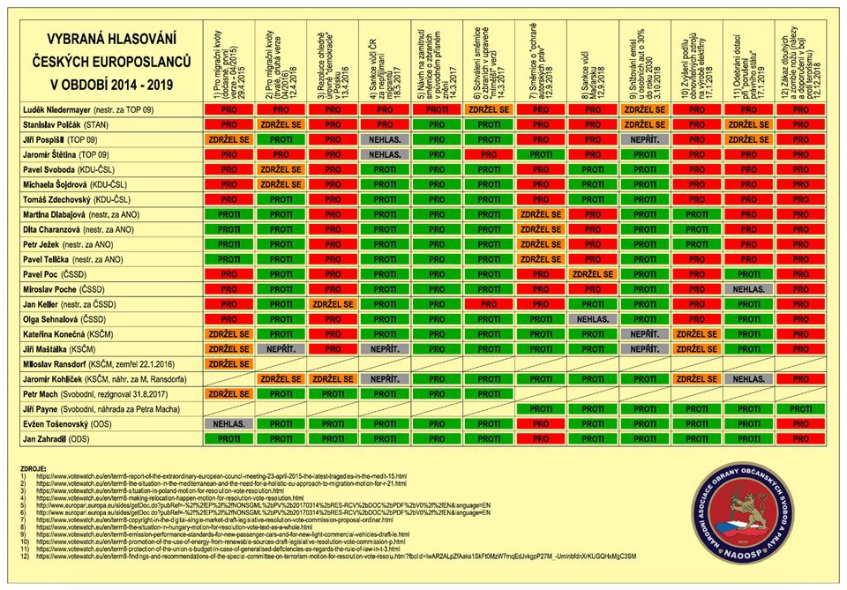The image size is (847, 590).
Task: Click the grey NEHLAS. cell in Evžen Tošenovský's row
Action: (229, 424)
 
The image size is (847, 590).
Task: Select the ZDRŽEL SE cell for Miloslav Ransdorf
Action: (229, 364)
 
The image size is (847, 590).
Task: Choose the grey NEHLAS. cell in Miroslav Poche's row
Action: (748, 289)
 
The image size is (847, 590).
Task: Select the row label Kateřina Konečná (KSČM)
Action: (71, 334)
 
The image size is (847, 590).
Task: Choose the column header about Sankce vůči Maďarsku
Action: (588, 62)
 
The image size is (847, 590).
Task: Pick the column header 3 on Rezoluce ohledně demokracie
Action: (329, 62)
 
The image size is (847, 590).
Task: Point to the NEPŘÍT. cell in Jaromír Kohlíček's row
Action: (385, 379)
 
